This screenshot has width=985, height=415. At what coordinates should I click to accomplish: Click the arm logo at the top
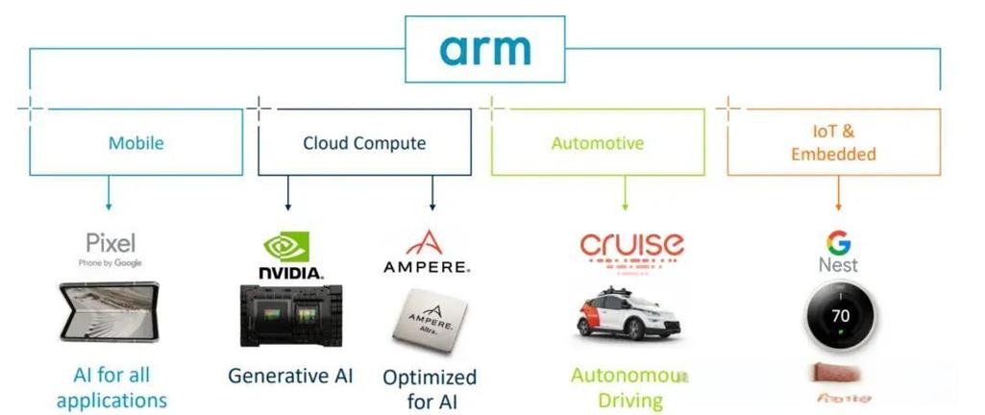[x=486, y=49]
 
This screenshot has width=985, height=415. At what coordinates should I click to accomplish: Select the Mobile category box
[x=135, y=143]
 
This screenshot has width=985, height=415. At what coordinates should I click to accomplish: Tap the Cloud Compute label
[x=364, y=143]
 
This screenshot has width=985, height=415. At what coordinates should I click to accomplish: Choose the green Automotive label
[x=598, y=143]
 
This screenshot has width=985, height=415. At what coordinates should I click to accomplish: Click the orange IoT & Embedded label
[x=833, y=143]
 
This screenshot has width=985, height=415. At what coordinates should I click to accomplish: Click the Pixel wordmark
[x=111, y=241]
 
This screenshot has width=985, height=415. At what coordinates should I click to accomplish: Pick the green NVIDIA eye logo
[x=286, y=247]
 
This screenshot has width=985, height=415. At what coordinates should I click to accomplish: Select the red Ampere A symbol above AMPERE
[x=425, y=241]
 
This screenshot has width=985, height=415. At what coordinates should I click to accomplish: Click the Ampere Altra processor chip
[x=430, y=316]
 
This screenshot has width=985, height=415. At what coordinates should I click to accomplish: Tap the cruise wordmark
[x=631, y=245]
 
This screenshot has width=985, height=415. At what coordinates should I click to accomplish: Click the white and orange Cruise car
[x=630, y=312]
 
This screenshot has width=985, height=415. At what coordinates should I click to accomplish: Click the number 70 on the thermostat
[x=841, y=314]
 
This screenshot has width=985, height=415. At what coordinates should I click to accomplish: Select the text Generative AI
[x=290, y=376]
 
